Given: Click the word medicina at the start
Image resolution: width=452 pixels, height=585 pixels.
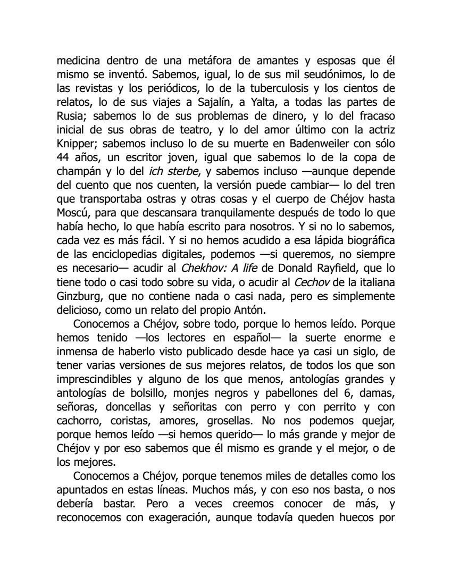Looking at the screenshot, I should coord(78,60).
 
